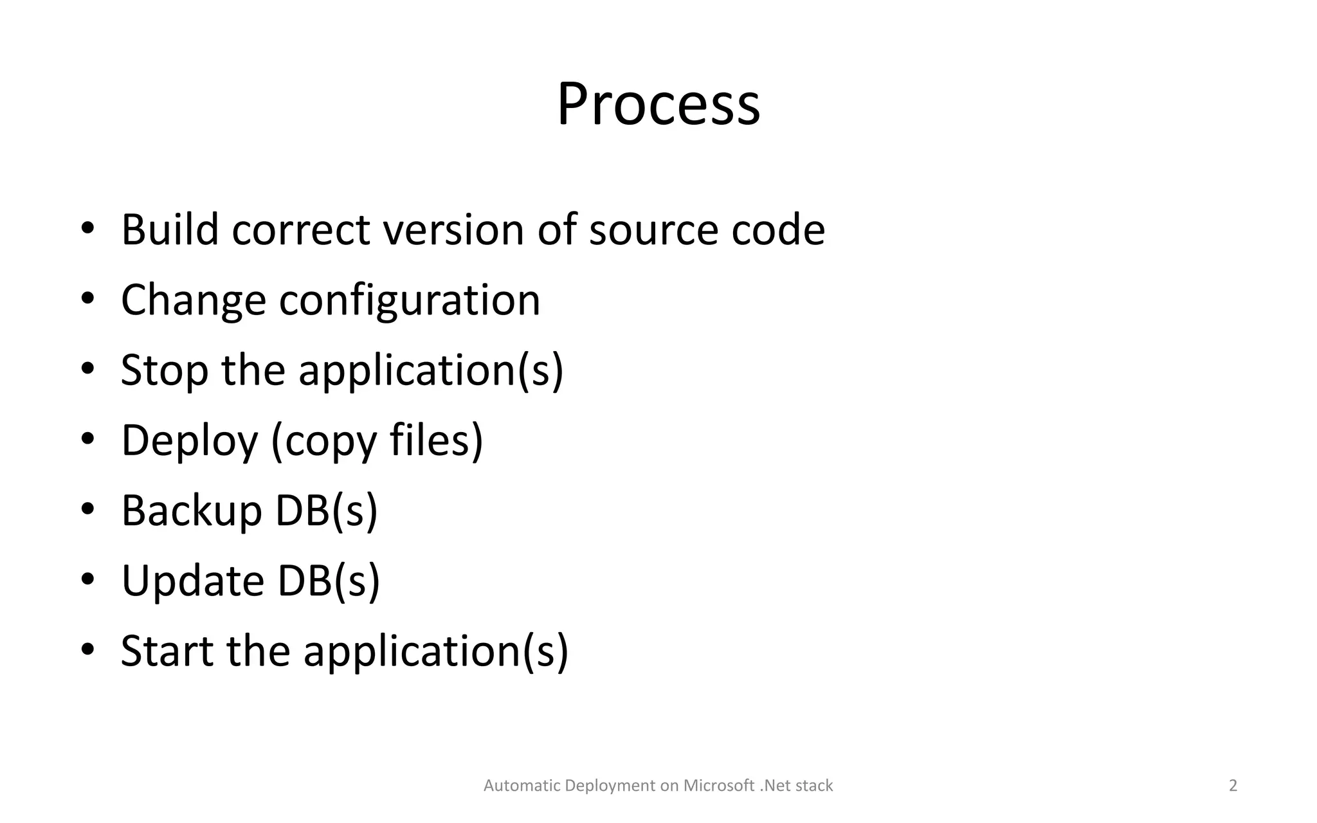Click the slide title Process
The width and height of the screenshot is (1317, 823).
[x=658, y=104]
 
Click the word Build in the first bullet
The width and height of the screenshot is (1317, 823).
[x=170, y=230]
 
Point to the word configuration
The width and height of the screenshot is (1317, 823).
[x=410, y=301]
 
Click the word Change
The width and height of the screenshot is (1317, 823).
[x=193, y=301]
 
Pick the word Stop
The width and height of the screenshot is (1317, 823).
[x=165, y=371]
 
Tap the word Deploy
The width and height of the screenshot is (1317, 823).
[x=189, y=442]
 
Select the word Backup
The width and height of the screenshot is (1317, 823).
[x=191, y=511]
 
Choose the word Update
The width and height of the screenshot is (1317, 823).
[x=192, y=581]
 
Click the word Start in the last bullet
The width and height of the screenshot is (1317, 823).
[x=167, y=651]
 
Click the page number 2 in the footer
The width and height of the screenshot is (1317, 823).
[x=1233, y=786]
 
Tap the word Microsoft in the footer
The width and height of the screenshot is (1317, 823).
[x=718, y=786]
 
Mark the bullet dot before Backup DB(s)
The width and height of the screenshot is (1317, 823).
[x=87, y=509]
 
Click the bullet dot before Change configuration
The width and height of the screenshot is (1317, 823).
[x=87, y=299]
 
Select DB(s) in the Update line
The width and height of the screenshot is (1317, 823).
[x=329, y=581]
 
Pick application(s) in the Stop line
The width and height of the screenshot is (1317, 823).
[x=431, y=371]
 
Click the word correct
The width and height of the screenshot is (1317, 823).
[x=301, y=230]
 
